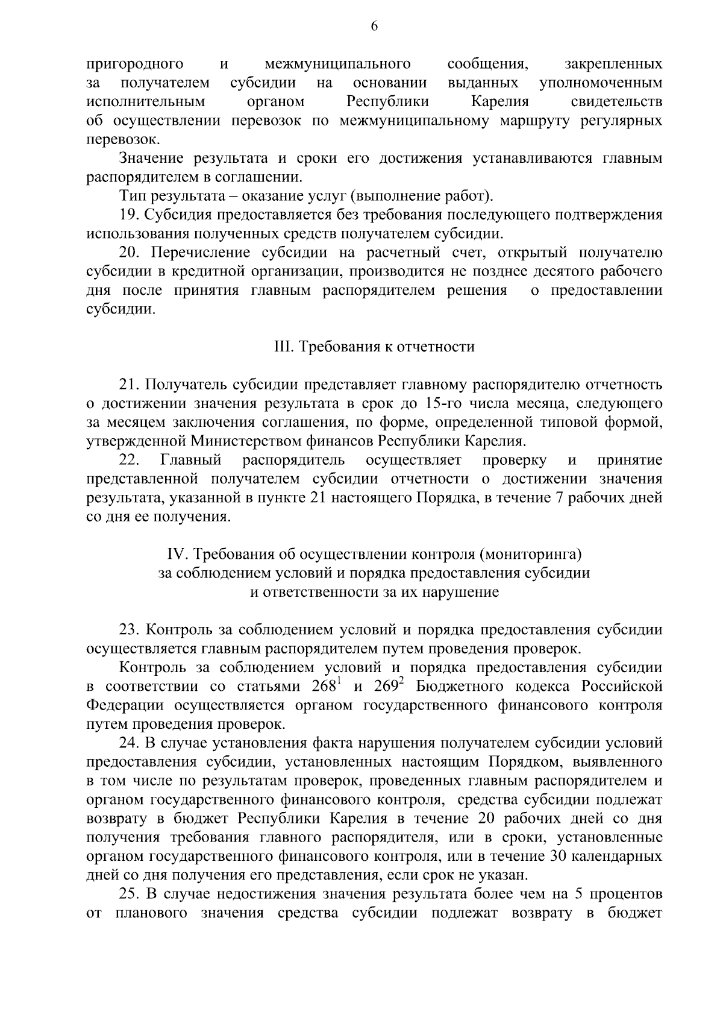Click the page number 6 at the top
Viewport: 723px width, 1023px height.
coord(374,26)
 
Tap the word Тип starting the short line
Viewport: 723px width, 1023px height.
coord(132,196)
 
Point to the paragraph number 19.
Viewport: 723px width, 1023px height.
coord(130,215)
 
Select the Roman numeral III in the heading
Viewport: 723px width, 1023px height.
coord(283,347)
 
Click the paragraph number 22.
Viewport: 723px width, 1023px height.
coord(130,461)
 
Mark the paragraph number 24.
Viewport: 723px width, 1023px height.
coord(130,743)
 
